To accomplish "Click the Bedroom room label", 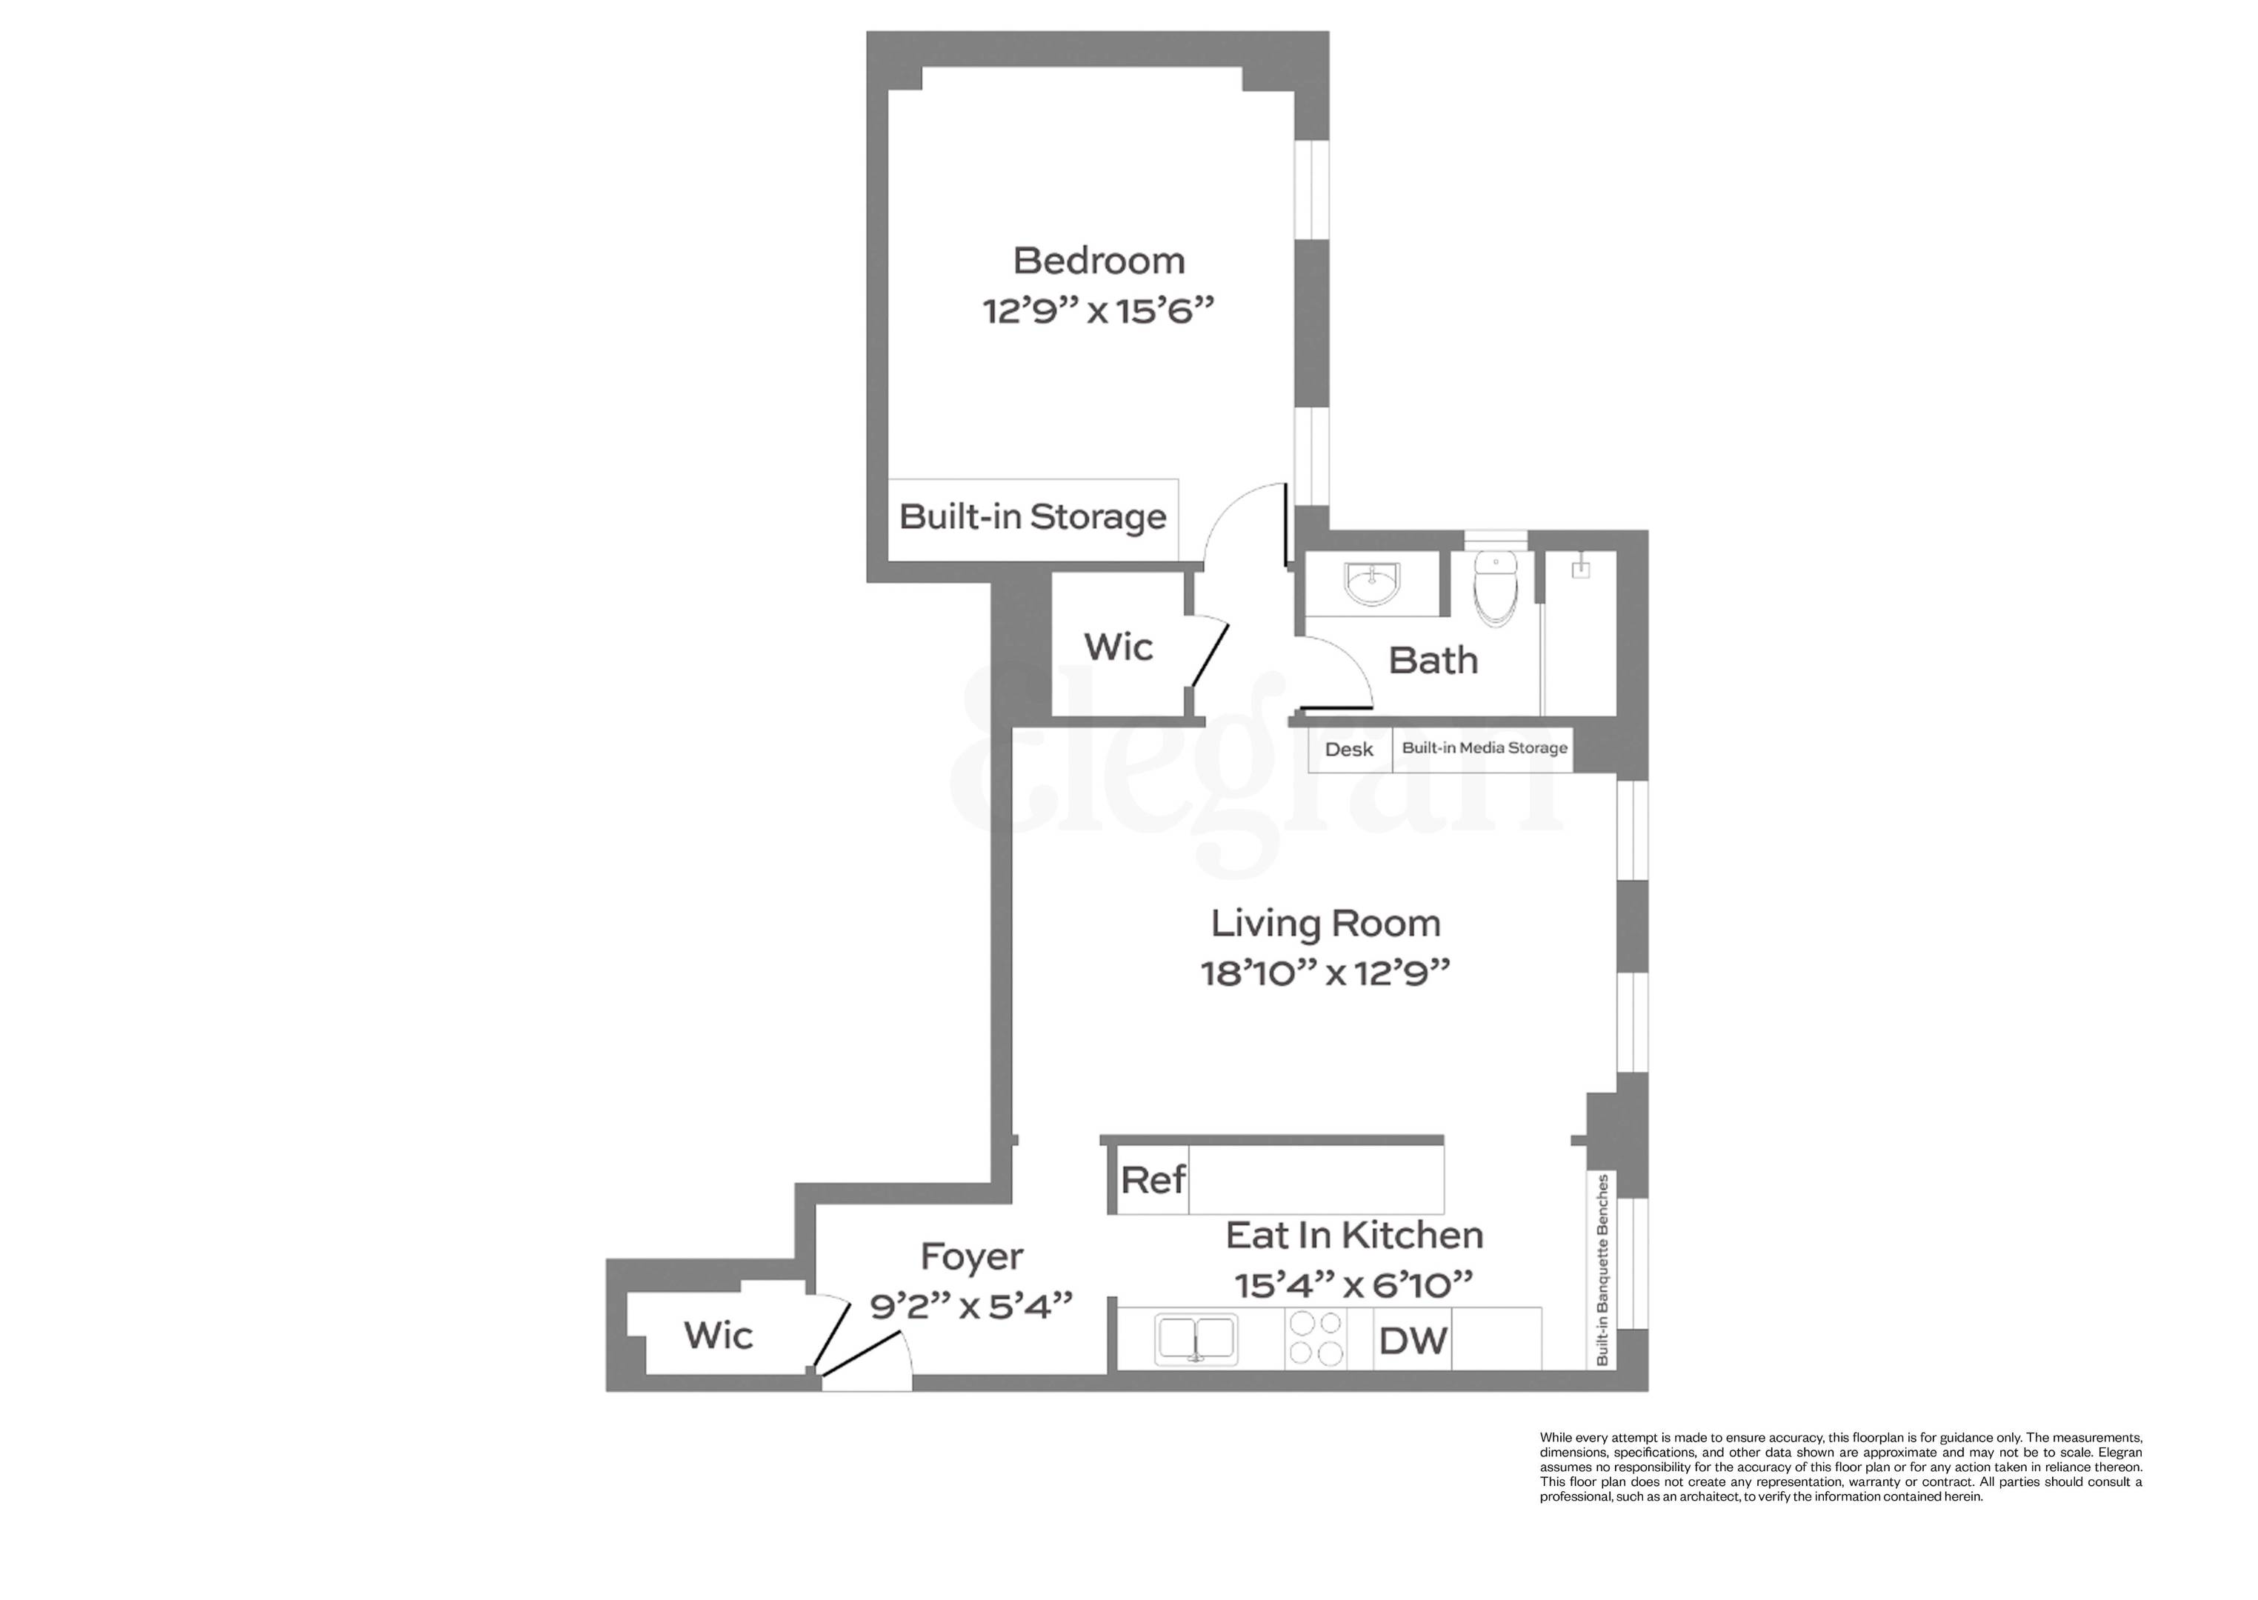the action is pyautogui.click(x=1099, y=261).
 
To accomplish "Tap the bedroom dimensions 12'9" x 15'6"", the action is pyautogui.click(x=1099, y=311).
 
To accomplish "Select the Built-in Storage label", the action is pyautogui.click(x=1033, y=516).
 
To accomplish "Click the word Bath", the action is pyautogui.click(x=1433, y=660).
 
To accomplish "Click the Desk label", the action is pyautogui.click(x=1349, y=750).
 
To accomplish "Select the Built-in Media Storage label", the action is pyautogui.click(x=1485, y=748).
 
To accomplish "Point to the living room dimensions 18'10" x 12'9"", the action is pyautogui.click(x=1325, y=973).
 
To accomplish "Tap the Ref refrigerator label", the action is pyautogui.click(x=1153, y=1179).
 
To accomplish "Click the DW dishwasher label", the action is pyautogui.click(x=1413, y=1341).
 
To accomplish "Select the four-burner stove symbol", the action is pyautogui.click(x=1315, y=1338).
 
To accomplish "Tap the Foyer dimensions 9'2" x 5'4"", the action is pyautogui.click(x=971, y=1307).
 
